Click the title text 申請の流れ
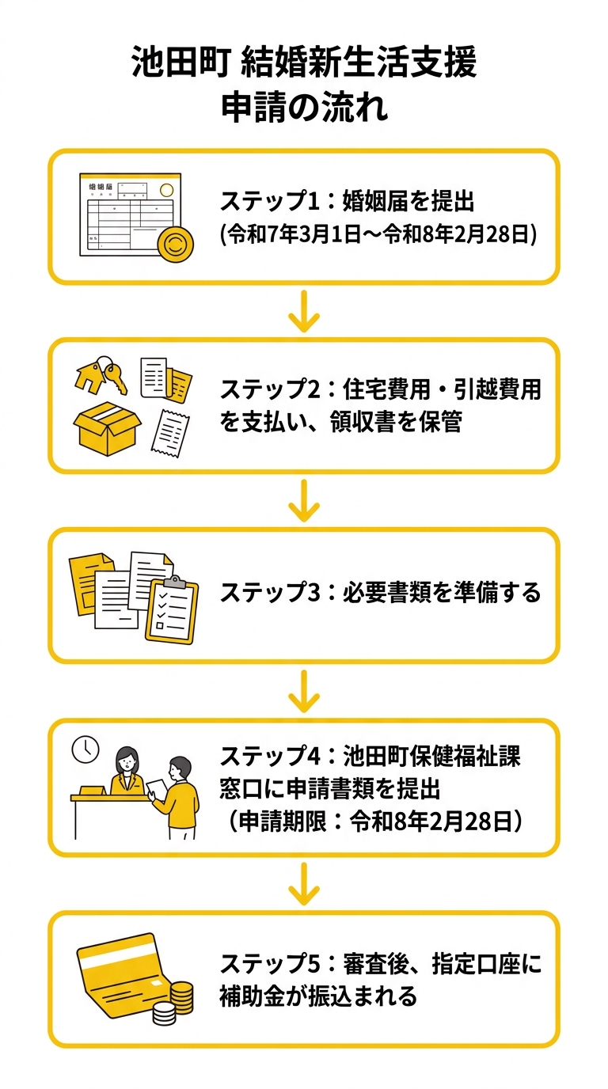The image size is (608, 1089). pos(304,108)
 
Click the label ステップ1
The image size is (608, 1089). pos(272,203)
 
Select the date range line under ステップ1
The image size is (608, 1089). pos(379,235)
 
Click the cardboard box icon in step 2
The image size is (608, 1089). pos(105,427)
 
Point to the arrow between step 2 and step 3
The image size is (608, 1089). pos(304,503)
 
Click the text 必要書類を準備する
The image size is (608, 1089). pos(442,592)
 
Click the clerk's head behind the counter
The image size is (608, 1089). pos(127,760)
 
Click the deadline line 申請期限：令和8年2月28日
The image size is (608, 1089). pos(377,821)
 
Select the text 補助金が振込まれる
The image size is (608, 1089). pos(318,996)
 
